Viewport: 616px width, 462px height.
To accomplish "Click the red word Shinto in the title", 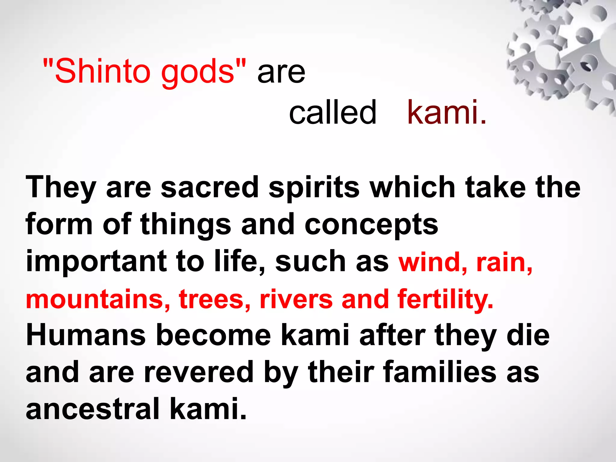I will click(x=102, y=71).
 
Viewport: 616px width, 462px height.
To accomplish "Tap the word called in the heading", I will click(x=332, y=112).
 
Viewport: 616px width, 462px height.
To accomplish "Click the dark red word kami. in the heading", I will click(x=446, y=112).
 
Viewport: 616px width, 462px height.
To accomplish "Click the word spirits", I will click(x=314, y=188).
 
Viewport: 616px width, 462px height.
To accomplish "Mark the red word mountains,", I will click(x=98, y=299).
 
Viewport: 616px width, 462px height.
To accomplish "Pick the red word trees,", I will click(x=214, y=299).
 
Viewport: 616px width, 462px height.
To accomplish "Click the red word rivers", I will click(x=296, y=299).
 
